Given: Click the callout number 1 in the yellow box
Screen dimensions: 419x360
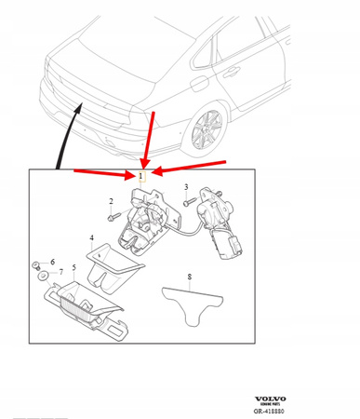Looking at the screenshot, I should click(141, 175).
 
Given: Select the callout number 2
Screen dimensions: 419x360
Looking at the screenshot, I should click(111, 201).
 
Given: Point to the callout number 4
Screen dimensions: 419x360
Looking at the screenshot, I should click(92, 238).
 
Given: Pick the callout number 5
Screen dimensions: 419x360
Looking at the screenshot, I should click(73, 268).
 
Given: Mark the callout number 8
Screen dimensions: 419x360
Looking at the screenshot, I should click(190, 277).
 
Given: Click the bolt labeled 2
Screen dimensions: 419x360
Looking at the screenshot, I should click(114, 217).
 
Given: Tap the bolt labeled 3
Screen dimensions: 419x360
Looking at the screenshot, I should click(188, 200).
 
